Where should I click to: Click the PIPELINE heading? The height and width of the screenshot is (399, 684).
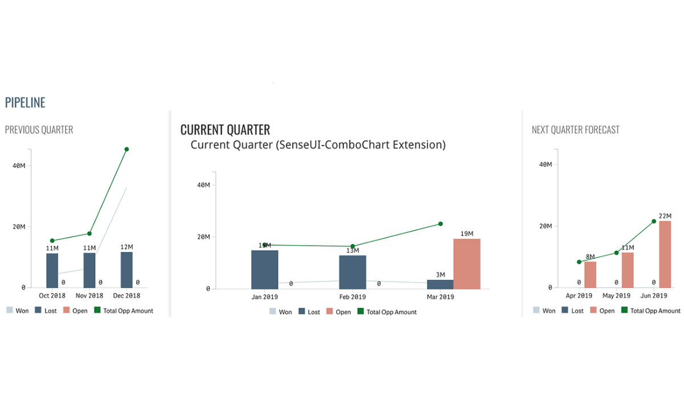tap(25, 103)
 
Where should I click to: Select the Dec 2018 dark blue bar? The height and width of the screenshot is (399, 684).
tap(127, 270)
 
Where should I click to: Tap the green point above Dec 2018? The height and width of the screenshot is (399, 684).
tap(127, 149)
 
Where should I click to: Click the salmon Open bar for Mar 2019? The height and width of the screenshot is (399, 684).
tap(467, 264)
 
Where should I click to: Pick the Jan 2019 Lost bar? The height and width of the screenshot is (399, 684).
tap(264, 270)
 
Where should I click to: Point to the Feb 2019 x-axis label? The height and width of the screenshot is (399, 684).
tap(352, 297)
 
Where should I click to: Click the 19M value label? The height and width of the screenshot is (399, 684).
tap(467, 234)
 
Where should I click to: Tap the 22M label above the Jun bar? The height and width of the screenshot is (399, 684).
tap(665, 216)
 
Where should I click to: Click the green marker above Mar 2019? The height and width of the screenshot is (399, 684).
tap(440, 224)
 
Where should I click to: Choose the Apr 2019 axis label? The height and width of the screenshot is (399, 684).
tap(579, 296)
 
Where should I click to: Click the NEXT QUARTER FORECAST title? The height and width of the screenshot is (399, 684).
tap(575, 130)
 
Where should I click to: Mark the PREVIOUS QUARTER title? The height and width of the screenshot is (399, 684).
tap(39, 130)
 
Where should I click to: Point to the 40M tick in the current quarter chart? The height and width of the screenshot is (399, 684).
tap(203, 185)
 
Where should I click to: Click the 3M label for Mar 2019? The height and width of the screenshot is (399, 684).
tap(440, 275)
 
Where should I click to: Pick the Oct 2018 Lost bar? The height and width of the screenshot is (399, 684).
tap(52, 270)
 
